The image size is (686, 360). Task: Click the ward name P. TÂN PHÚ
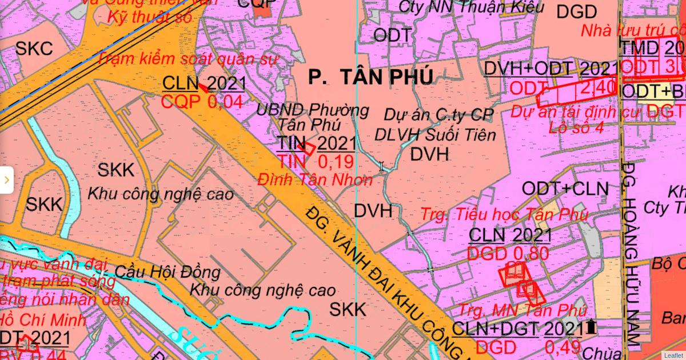[370, 77]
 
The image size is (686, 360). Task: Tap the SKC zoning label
[34, 49]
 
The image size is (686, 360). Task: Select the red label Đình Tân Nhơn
[315, 179]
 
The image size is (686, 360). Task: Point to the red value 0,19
[336, 161]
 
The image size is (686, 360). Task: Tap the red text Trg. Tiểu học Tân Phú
[504, 215]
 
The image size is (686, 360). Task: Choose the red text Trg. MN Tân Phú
[523, 310]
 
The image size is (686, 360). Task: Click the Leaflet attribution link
[673, 355]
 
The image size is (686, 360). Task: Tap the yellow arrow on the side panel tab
[6, 180]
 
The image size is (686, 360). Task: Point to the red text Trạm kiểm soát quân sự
[187, 58]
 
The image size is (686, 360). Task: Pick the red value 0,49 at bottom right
[563, 347]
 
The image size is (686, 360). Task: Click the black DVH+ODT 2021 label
[551, 69]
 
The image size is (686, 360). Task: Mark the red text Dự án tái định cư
[563, 111]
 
